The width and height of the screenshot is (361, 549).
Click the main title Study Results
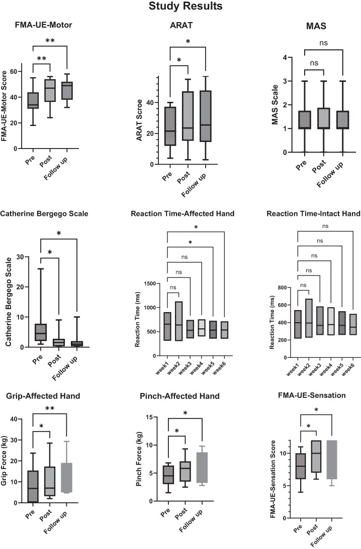coord(185,6)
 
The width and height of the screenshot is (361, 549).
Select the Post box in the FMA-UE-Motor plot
coord(50,90)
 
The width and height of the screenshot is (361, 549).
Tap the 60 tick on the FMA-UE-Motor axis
coord(14,71)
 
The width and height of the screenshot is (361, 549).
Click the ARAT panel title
coord(181,25)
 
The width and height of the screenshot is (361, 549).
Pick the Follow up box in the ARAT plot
coord(206,116)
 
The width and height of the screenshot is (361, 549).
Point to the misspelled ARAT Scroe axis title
coord(139,120)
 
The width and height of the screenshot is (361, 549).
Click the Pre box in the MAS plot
coord(305,120)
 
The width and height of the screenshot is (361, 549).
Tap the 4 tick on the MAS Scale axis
coord(285,57)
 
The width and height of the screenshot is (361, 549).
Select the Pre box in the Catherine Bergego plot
coord(41,332)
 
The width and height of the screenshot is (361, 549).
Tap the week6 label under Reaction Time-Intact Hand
coord(348,369)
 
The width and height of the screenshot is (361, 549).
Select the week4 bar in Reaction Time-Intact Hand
coord(331,321)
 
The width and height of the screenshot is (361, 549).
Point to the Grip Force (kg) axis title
coord(4,460)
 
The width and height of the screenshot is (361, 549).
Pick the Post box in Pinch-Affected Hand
coord(185,471)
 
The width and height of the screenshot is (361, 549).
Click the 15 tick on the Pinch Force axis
coord(150,418)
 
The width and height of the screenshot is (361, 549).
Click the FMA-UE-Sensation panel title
coord(312,395)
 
